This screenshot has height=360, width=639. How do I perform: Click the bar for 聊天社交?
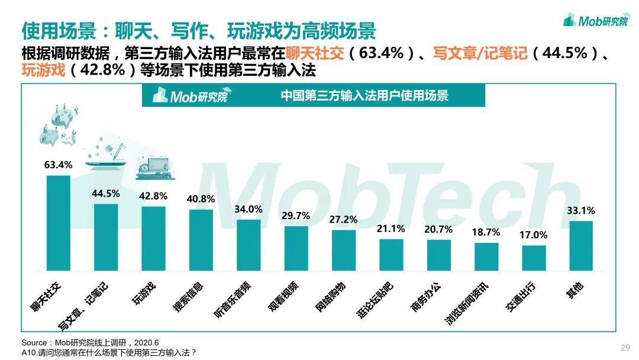click(58, 223)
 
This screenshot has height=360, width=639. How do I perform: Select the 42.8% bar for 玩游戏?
click(154, 239)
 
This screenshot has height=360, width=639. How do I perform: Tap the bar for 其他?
click(581, 246)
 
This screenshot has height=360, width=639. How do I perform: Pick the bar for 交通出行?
click(534, 258)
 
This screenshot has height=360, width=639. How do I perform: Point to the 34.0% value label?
click(248, 209)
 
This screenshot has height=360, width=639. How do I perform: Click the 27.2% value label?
click(343, 220)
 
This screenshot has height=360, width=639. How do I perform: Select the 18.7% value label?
click(486, 232)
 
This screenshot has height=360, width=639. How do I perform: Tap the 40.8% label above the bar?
click(201, 199)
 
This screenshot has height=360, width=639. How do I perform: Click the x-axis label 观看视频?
click(283, 297)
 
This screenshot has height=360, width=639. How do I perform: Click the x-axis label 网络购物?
click(331, 297)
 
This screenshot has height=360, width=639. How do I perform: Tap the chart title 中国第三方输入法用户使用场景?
click(364, 96)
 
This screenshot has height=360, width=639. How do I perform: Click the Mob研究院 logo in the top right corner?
click(596, 20)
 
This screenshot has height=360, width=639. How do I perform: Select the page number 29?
click(625, 348)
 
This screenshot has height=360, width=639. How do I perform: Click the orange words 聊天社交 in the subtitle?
click(315, 53)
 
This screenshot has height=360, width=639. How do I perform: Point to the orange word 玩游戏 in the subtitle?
click(44, 70)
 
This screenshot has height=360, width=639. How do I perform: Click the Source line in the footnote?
click(90, 342)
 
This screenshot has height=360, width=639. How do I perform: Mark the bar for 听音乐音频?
click(248, 245)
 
